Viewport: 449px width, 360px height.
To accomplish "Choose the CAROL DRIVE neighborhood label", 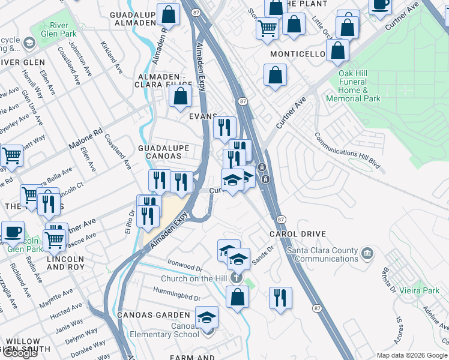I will point(289,234).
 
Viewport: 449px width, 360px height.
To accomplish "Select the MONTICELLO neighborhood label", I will point(297,55).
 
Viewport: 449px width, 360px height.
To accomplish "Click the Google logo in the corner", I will point(19,353).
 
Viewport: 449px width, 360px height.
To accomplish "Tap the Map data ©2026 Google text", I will point(412,355).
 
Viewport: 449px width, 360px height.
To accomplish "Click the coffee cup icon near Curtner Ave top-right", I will point(380,5).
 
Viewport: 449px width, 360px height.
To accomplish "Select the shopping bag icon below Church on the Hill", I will point(238,296).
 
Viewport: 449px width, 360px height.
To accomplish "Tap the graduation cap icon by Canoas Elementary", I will point(207,316).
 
